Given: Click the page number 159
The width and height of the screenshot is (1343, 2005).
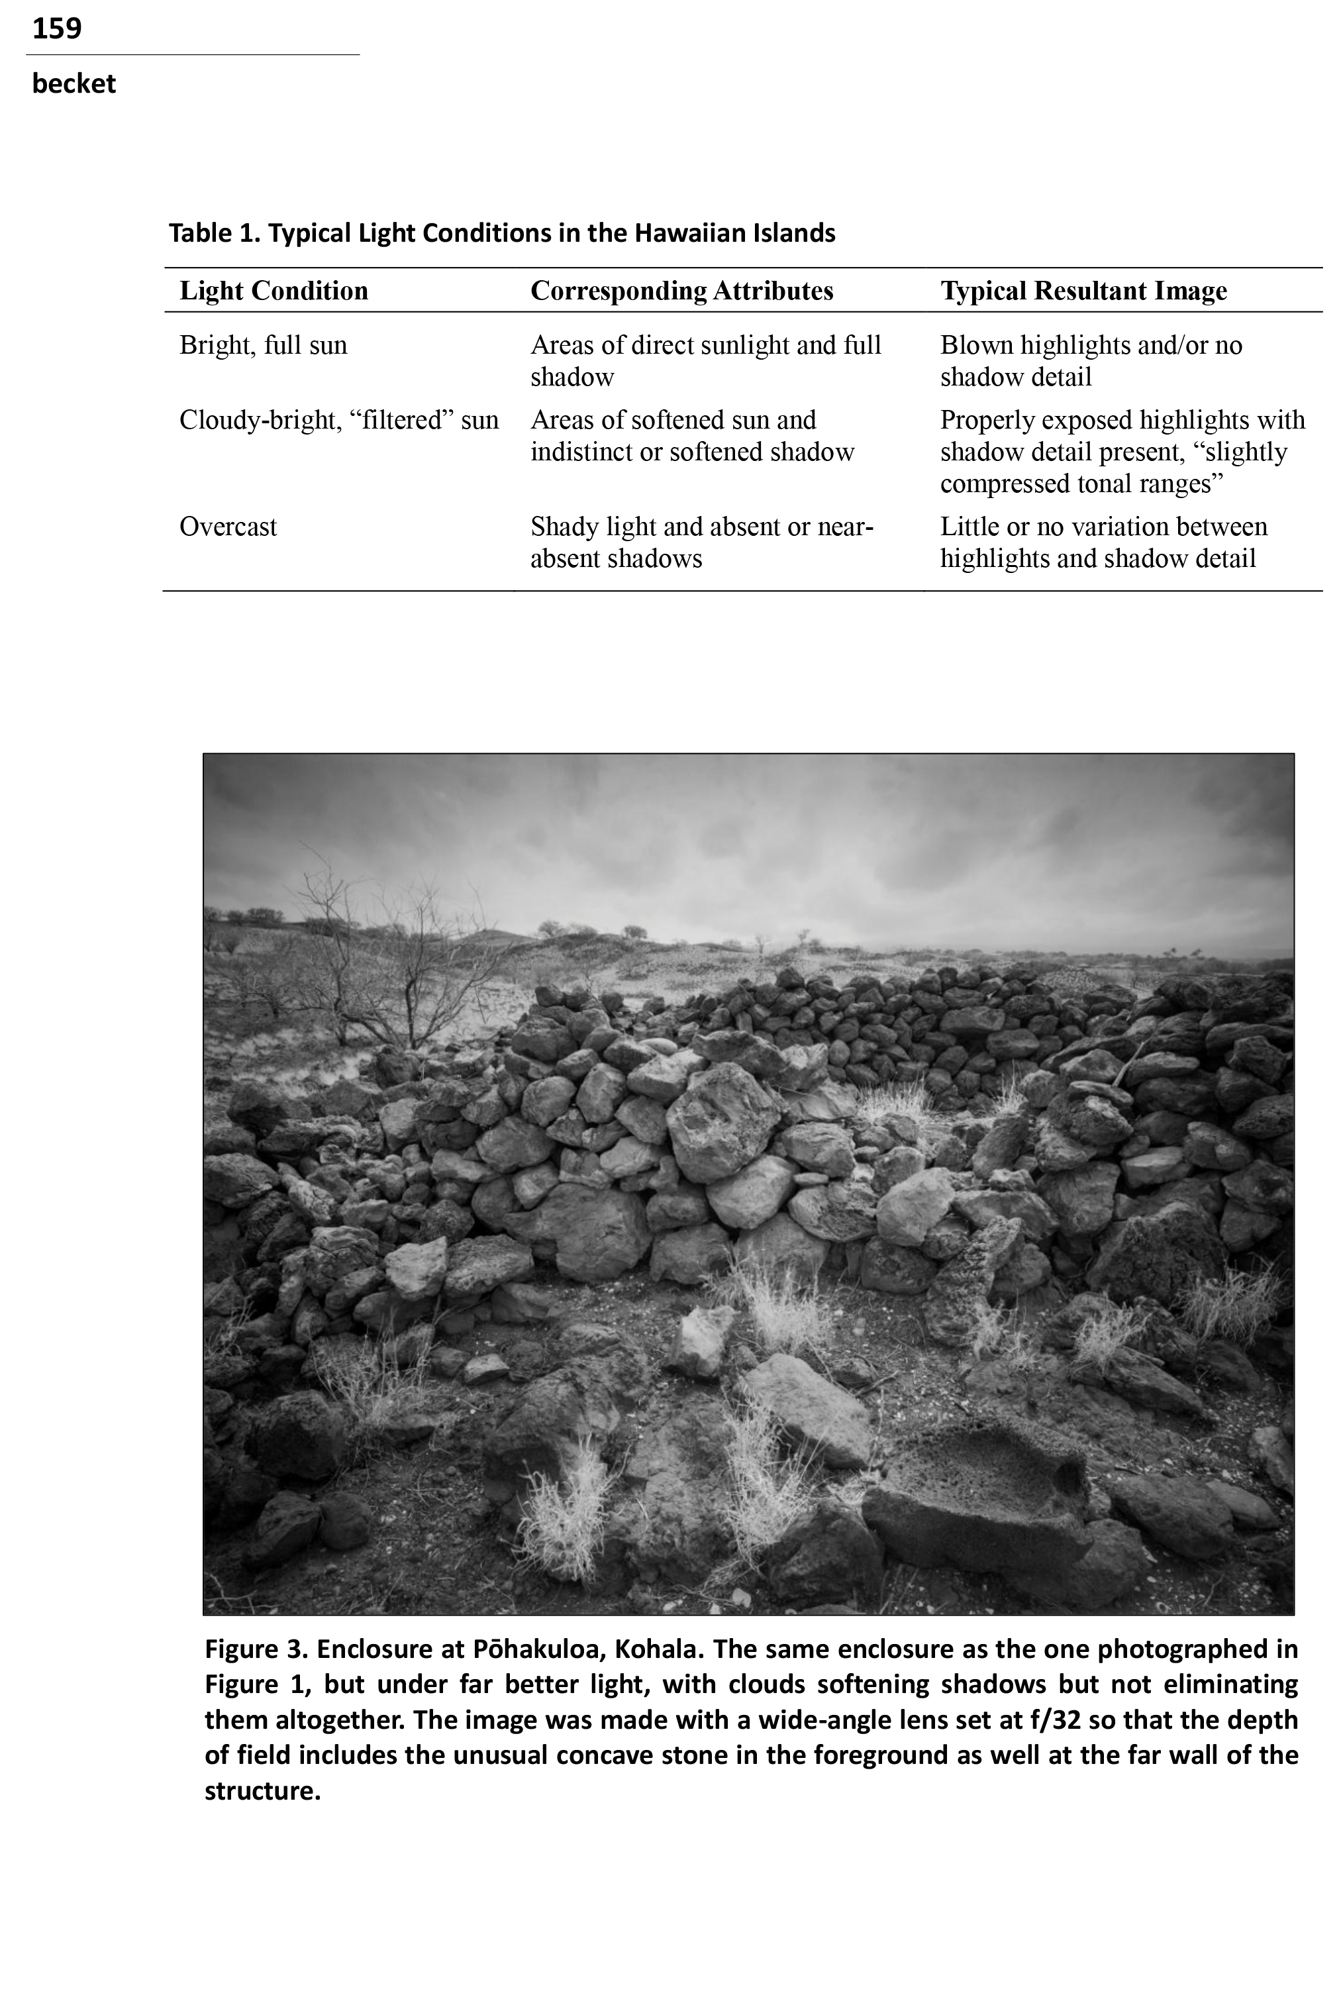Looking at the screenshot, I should (x=56, y=28).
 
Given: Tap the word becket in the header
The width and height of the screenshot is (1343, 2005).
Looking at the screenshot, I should (x=74, y=84).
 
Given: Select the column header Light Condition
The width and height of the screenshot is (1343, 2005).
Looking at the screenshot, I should (x=274, y=291).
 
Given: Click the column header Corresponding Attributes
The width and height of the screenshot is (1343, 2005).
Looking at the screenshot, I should (x=682, y=291).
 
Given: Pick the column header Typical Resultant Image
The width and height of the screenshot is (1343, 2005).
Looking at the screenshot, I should (x=1083, y=291).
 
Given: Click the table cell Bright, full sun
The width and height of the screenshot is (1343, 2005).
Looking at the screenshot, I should (x=263, y=345).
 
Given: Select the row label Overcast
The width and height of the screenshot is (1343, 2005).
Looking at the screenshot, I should (x=228, y=527).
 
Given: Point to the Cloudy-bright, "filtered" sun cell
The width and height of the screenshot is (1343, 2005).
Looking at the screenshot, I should (x=338, y=421).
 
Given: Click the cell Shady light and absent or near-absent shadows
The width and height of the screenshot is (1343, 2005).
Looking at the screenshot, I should (x=701, y=542).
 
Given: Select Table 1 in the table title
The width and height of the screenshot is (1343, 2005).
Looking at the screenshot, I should (x=213, y=233).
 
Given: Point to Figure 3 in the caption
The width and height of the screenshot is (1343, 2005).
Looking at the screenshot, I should (x=254, y=1649).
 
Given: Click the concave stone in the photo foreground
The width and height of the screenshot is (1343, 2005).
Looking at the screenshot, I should (x=976, y=1490).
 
